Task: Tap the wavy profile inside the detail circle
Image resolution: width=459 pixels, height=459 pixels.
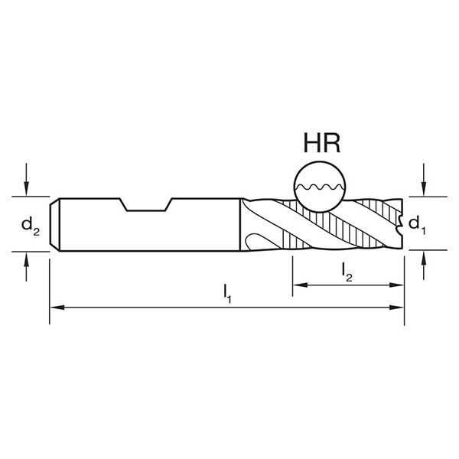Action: coord(319,187)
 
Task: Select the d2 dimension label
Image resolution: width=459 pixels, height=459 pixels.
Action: coord(28,224)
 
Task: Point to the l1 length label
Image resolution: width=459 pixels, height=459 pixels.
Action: coord(227,291)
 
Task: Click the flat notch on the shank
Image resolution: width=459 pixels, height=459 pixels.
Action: coord(145,205)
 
